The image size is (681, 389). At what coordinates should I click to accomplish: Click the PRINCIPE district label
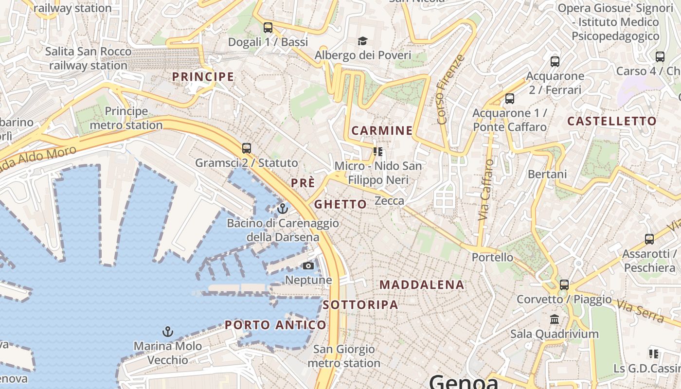click(203, 77)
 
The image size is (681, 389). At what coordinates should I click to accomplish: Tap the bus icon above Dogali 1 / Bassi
click(268, 28)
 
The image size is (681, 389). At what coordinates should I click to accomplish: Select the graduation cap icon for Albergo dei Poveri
click(362, 41)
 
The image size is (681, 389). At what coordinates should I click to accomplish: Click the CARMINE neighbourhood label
click(382, 130)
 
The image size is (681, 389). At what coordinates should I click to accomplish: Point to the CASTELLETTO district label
click(612, 121)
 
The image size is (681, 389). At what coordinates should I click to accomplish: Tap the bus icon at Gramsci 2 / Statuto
click(247, 148)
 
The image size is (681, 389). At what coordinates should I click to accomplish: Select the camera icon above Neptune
click(308, 265)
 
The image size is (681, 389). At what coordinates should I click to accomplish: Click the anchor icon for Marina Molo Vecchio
click(167, 332)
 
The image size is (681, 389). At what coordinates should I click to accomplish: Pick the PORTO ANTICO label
click(275, 325)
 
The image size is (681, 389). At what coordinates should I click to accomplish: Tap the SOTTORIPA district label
click(360, 305)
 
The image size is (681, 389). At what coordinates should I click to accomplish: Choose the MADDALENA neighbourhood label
click(422, 285)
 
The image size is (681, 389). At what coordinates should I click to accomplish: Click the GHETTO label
click(340, 204)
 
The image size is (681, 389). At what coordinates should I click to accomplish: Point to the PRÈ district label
click(303, 183)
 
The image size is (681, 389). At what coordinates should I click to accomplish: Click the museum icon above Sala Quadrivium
click(554, 319)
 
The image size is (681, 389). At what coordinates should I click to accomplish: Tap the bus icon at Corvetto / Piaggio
click(564, 285)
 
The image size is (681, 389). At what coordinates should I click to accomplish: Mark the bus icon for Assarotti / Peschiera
click(649, 239)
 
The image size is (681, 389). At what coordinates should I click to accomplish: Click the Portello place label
click(492, 257)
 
